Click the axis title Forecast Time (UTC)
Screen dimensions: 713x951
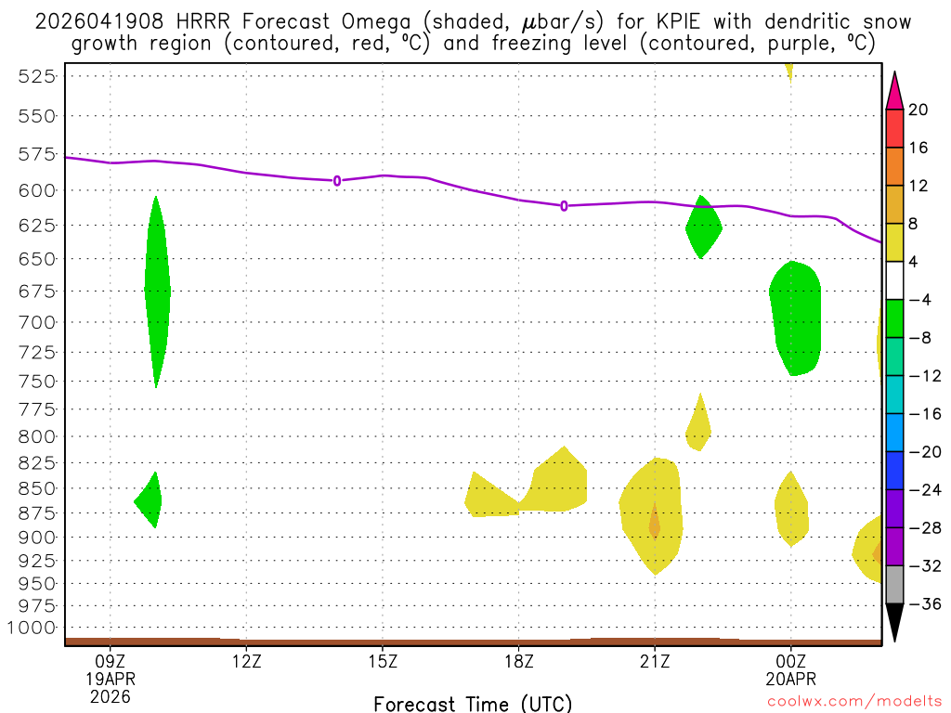click(x=473, y=703)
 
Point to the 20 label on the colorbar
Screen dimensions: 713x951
click(x=918, y=110)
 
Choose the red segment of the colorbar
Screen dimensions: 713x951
click(x=894, y=128)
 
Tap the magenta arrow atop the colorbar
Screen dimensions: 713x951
click(x=894, y=90)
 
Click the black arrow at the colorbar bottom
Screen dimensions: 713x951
click(x=894, y=622)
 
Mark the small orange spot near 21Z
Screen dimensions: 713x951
click(x=654, y=524)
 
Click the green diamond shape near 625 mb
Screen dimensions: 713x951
click(x=703, y=227)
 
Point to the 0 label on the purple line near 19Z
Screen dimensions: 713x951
click(x=564, y=205)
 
